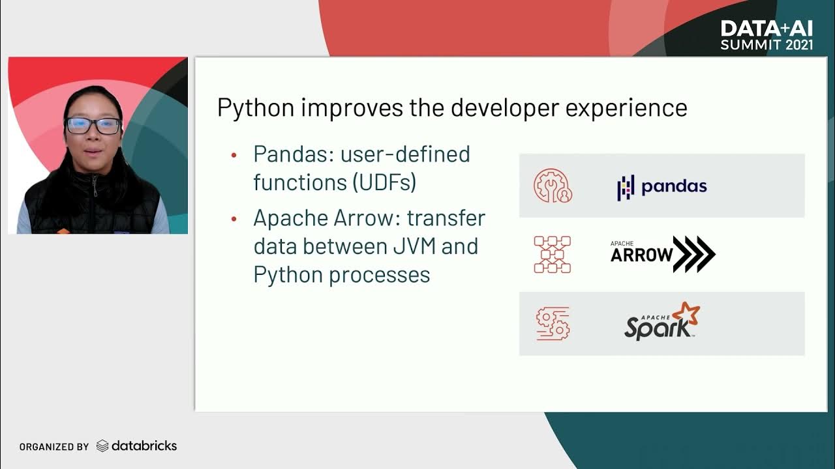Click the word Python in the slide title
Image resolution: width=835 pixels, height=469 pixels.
(x=256, y=108)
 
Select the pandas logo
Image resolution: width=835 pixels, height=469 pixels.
(x=661, y=186)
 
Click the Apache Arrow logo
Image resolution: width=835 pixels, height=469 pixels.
(x=662, y=254)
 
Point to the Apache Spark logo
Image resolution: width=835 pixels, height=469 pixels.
(x=661, y=322)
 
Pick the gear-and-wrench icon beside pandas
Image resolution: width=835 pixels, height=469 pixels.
(x=553, y=186)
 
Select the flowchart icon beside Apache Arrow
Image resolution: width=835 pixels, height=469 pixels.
(x=553, y=254)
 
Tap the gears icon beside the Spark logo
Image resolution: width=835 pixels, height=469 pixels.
(x=553, y=323)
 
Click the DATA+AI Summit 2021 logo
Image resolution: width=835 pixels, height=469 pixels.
(x=767, y=35)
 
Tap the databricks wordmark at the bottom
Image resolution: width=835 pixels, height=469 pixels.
(x=144, y=446)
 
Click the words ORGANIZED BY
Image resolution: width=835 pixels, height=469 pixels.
(x=53, y=447)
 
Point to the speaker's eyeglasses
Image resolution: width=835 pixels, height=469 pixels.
(x=93, y=126)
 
